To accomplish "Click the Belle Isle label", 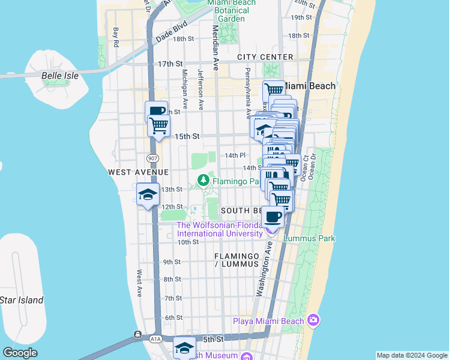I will (60, 76).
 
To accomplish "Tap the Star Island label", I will (21, 300).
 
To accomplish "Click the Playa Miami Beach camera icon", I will (312, 320).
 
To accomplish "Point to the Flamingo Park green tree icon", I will (204, 180).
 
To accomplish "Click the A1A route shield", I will (156, 339).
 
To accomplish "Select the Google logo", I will (20, 353).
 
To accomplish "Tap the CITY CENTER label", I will (265, 57).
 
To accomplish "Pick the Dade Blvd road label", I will (172, 31).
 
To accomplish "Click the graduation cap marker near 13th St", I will (148, 194).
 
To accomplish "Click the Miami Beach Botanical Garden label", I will (231, 10).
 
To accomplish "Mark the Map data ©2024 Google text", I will (411, 355).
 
